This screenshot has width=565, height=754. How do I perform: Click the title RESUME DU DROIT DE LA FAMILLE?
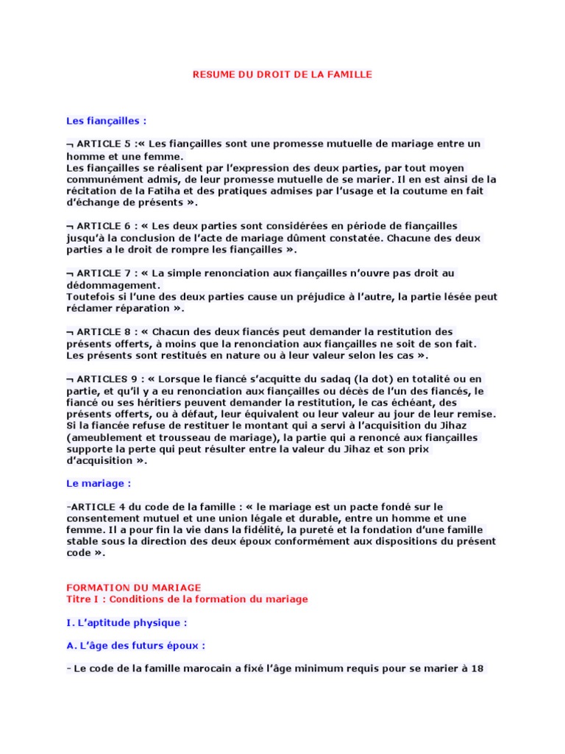coord(282,74)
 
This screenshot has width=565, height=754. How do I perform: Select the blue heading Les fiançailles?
coord(106,120)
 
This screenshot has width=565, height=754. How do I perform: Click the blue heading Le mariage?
coord(99,484)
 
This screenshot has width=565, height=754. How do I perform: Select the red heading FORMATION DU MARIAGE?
coord(134,588)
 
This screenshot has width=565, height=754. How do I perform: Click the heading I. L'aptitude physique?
coord(127,622)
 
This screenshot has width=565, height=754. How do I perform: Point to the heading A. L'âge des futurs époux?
coord(135,646)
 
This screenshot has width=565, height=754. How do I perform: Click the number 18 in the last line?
coord(476,669)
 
